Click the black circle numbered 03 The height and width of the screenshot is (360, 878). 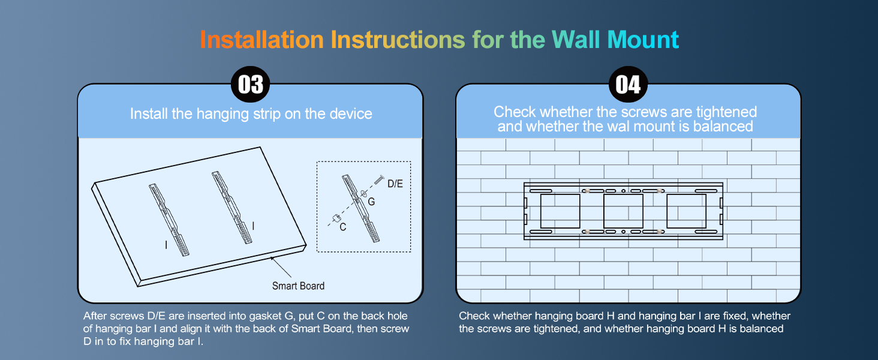(x=251, y=85)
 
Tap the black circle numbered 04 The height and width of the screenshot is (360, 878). (x=628, y=85)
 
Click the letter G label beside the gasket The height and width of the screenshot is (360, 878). (x=371, y=202)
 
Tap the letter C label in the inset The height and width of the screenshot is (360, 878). (x=342, y=227)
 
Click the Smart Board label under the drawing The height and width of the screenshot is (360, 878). (x=298, y=286)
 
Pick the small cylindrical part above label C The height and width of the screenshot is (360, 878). (x=336, y=217)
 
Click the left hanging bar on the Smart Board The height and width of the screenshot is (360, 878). (x=169, y=219)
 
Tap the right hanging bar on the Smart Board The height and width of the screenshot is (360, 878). (x=231, y=207)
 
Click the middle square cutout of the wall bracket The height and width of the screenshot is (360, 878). (x=623, y=211)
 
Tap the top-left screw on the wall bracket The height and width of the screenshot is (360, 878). (x=587, y=191)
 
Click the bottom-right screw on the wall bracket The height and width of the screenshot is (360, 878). (x=660, y=231)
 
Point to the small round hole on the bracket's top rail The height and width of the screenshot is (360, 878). (x=624, y=191)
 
